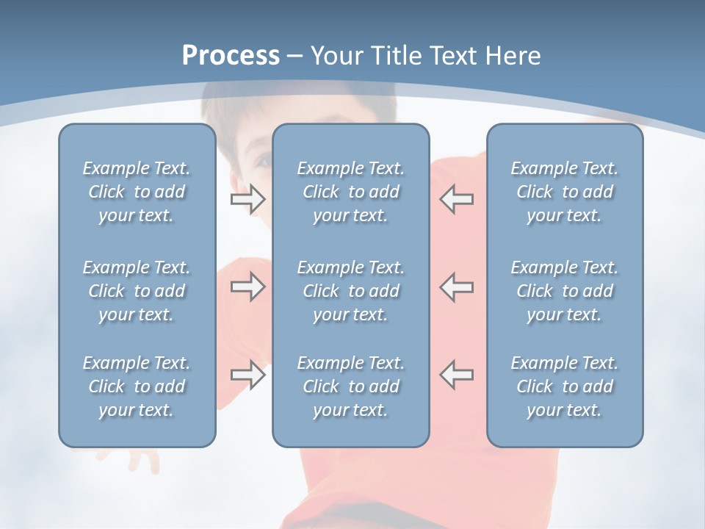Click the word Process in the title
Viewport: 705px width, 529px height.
231,56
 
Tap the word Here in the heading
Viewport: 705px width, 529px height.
513,56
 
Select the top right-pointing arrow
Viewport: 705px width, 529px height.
247,198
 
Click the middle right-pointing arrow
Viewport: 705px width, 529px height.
247,287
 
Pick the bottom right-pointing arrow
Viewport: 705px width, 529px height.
247,375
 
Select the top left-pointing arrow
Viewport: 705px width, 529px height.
457,198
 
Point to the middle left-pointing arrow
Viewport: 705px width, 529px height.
457,287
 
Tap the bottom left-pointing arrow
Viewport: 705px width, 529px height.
457,375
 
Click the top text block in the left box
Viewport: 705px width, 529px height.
137,192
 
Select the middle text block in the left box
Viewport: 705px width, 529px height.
137,291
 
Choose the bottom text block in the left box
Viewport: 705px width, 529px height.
137,386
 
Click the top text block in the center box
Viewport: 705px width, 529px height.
351,192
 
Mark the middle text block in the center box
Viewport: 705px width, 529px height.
351,291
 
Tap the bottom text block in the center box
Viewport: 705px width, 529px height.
351,386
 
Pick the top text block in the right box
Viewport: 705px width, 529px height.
565,192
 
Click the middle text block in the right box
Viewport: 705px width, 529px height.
565,291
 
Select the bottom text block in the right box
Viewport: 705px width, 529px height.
565,386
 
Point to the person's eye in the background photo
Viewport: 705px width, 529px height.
262,160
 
